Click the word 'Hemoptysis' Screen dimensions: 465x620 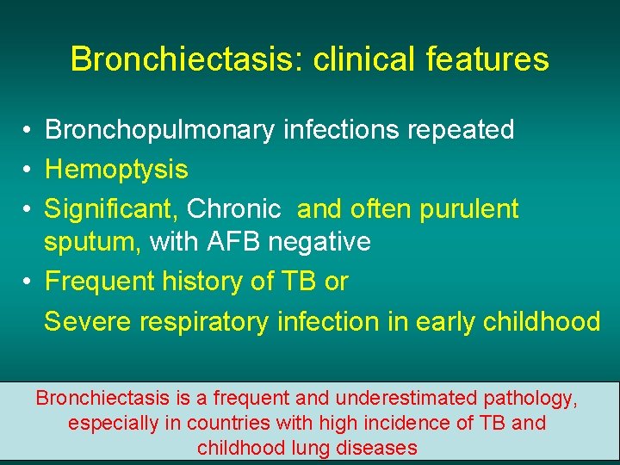(x=116, y=170)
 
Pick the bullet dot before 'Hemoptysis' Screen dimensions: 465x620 (x=28, y=170)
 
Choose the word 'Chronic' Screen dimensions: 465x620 (x=233, y=209)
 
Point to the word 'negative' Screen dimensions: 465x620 (x=319, y=243)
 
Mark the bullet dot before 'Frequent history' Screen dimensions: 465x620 (x=28, y=282)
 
